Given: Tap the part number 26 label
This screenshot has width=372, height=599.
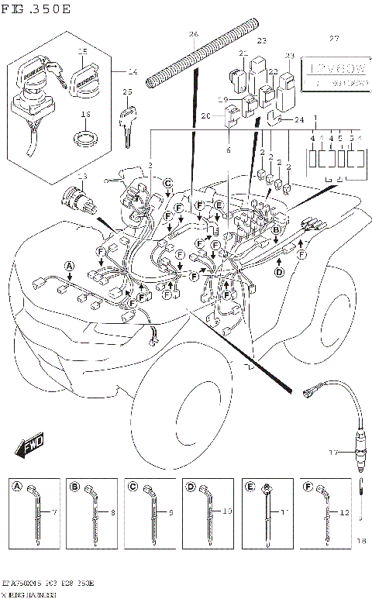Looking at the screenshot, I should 193,34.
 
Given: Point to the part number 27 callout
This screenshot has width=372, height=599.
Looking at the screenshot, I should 334,38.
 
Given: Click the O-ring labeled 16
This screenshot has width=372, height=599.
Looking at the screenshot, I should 84,139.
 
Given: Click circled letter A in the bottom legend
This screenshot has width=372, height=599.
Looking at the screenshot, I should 16,487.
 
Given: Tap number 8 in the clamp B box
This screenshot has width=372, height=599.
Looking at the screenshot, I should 112,512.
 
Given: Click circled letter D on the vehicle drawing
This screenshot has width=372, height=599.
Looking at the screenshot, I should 280,271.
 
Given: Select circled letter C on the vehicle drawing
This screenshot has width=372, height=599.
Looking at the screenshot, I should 167,183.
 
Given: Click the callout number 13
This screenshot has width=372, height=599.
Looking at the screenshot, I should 82,177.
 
